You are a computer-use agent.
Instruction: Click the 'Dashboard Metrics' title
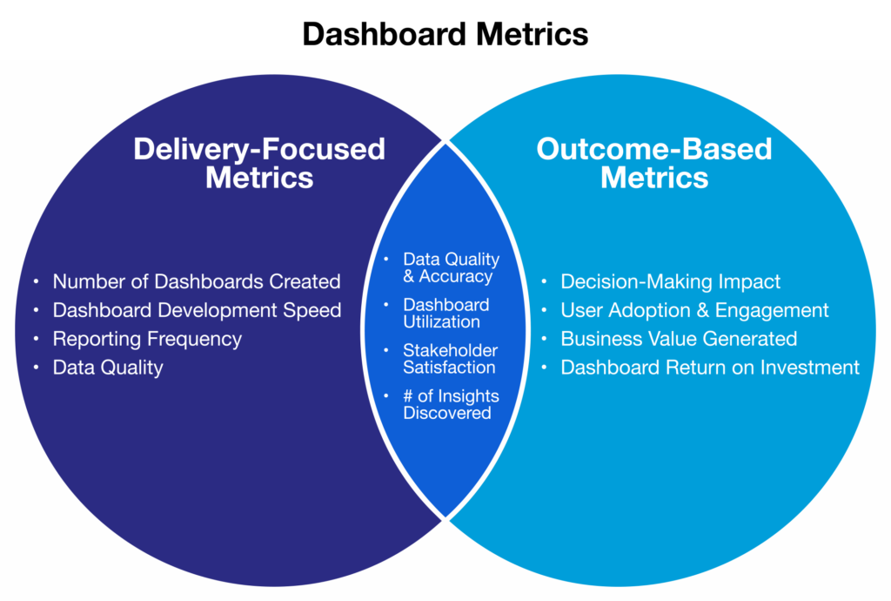pyautogui.click(x=445, y=34)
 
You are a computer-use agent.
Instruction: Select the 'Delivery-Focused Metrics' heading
pyautogui.click(x=258, y=163)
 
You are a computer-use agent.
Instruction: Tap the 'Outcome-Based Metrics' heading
pyautogui.click(x=653, y=163)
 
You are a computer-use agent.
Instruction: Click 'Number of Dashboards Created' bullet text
pyautogui.click(x=196, y=282)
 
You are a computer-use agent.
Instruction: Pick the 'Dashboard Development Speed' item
pyautogui.click(x=197, y=310)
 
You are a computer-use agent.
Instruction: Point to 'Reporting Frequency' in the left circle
pyautogui.click(x=147, y=339)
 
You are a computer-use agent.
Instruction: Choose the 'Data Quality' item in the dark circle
pyautogui.click(x=108, y=368)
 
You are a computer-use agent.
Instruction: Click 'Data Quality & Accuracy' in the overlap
pyautogui.click(x=451, y=268)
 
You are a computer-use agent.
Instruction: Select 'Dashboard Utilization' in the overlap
pyautogui.click(x=445, y=314)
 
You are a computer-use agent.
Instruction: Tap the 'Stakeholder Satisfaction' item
pyautogui.click(x=450, y=359)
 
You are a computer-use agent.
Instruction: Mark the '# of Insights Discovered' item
pyautogui.click(x=451, y=404)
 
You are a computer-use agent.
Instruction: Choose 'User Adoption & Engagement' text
pyautogui.click(x=694, y=310)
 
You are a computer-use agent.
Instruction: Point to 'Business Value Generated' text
pyautogui.click(x=679, y=339)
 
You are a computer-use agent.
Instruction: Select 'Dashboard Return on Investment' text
pyautogui.click(x=710, y=368)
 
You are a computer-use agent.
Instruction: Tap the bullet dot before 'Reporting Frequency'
pyautogui.click(x=36, y=339)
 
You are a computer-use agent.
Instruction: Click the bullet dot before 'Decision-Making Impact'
pyautogui.click(x=544, y=282)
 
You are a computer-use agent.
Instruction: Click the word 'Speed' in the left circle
pyautogui.click(x=315, y=310)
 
